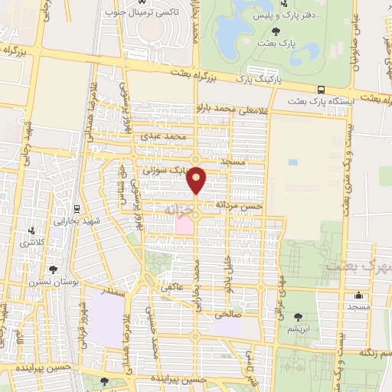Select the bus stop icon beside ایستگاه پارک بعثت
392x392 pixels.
[292, 101]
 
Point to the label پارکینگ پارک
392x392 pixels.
[259, 79]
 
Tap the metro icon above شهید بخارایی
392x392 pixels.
[77, 208]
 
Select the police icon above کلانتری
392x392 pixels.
[31, 230]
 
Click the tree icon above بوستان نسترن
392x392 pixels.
[52, 269]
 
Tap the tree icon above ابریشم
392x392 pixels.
[298, 317]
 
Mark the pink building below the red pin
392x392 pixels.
[184, 226]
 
